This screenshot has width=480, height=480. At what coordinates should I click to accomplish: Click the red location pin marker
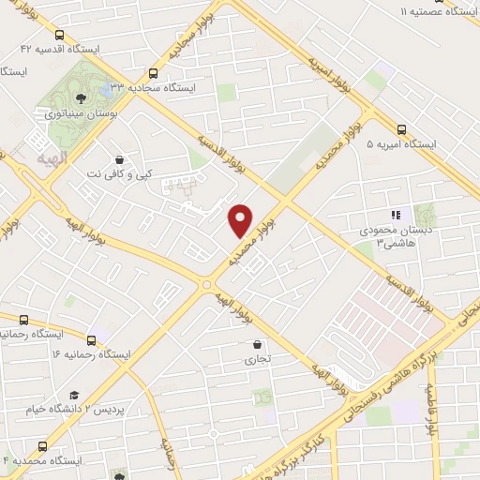pos(241,220)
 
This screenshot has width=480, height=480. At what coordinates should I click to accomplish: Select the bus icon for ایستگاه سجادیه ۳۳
pos(153,73)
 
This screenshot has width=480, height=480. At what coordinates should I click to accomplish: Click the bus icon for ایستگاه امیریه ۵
pos(401,130)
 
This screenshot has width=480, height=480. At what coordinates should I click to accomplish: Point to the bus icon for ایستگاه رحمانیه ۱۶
pos(91,340)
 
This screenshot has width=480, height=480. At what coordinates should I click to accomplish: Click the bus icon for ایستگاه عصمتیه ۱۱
pos(470,11)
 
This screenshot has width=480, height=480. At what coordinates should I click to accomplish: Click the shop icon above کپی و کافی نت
pos(118,160)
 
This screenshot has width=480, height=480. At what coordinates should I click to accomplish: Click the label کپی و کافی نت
pos(117,174)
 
